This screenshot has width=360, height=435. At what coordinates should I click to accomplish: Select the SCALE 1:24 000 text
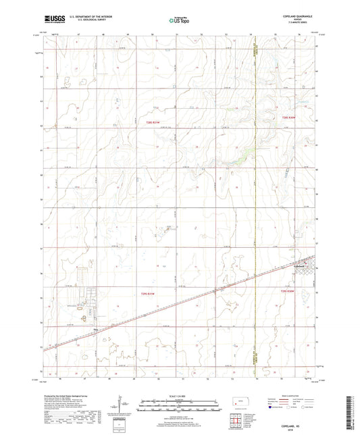pos(180,394)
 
